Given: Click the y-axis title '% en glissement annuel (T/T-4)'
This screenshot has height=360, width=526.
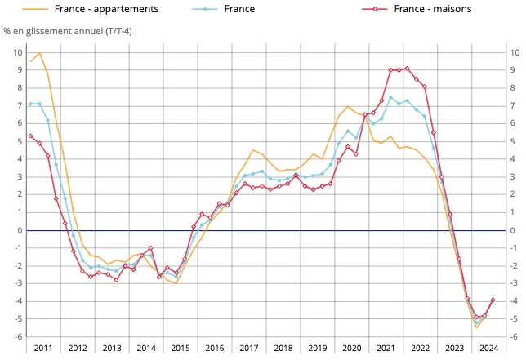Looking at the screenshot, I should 67,32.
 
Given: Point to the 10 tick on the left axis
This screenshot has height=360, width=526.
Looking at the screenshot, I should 17,52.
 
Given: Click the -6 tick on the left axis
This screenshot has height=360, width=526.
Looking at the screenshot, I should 17,336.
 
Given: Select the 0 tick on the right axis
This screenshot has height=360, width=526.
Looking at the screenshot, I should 512,230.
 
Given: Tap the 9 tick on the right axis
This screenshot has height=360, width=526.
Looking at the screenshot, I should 512,70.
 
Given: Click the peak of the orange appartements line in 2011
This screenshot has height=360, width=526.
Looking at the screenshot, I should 39,52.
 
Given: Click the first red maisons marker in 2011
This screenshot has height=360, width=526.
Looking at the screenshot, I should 30,136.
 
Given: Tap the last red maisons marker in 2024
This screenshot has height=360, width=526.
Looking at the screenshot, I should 493,300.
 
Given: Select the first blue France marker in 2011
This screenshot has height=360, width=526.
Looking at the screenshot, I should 30,104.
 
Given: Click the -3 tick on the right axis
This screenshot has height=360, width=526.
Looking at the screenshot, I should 512,283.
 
